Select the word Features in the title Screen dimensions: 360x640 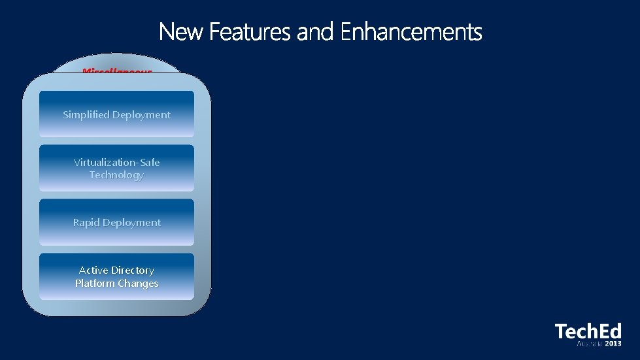tap(251, 32)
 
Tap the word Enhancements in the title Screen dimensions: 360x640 tap(411, 32)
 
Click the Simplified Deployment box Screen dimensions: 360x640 tap(116, 114)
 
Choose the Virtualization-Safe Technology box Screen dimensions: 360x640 tap(116, 168)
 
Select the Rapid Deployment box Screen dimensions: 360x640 tap(116, 222)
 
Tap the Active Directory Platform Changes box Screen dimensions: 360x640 tap(116, 276)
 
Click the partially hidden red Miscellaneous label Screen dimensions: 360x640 tap(117, 69)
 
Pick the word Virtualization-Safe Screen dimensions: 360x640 tap(116, 162)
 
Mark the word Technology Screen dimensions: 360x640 tap(116, 175)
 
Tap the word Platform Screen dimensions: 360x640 tap(95, 284)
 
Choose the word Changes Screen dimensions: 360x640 tap(138, 284)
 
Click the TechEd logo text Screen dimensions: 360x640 tap(588, 331)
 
